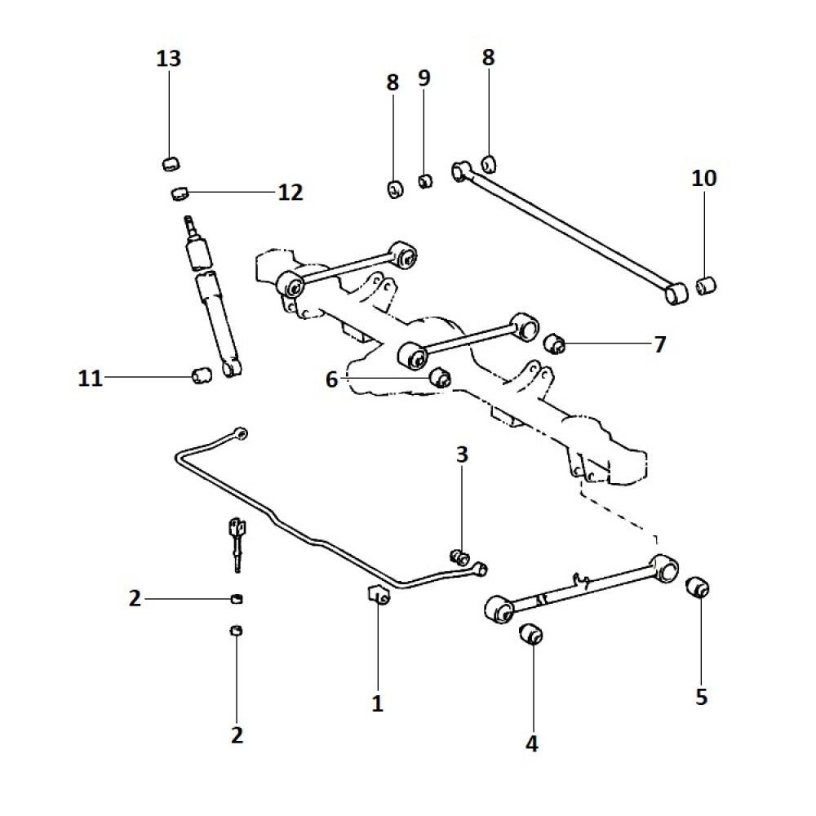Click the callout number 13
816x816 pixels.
[x=169, y=59]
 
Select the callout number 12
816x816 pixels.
[x=290, y=193]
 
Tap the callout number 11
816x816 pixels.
[x=91, y=378]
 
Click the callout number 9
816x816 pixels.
[x=424, y=78]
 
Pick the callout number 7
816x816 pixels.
[x=659, y=344]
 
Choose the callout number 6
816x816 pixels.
[x=331, y=379]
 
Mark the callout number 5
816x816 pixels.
[x=701, y=697]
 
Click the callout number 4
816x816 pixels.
[x=532, y=743]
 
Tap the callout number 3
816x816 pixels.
[x=462, y=455]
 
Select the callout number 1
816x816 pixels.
[x=377, y=703]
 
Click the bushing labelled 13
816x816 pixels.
[x=169, y=162]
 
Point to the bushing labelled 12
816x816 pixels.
[x=180, y=193]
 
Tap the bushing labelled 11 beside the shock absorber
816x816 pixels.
[x=201, y=376]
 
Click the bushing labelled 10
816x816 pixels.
[x=706, y=286]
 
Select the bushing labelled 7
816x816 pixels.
[x=556, y=343]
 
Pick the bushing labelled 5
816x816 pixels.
[x=697, y=586]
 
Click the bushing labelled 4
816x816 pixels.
[x=532, y=632]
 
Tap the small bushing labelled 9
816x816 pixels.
[x=425, y=180]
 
